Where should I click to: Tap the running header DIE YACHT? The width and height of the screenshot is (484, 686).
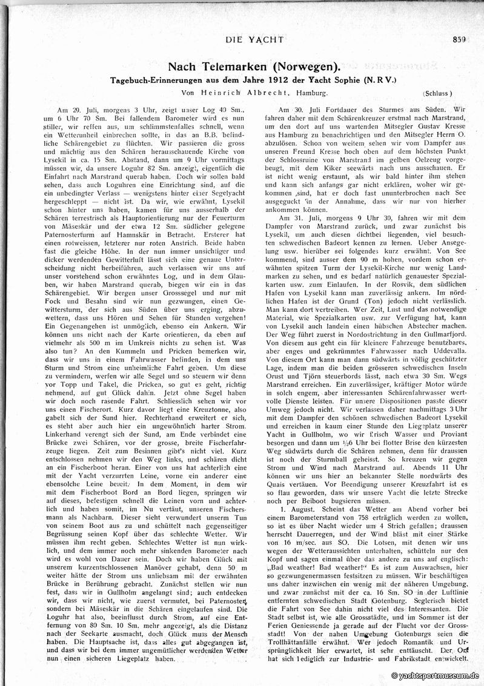point(254,40)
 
